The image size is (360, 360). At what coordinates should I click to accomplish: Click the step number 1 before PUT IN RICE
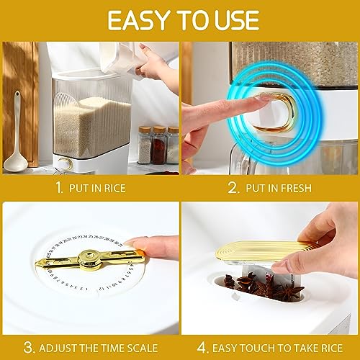pyautogui.click(x=59, y=188)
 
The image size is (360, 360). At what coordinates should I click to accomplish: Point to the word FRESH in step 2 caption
pyautogui.click(x=295, y=188)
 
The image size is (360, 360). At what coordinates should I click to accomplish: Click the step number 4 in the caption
pyautogui.click(x=202, y=348)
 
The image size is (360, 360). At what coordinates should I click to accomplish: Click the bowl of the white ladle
pyautogui.click(x=15, y=163)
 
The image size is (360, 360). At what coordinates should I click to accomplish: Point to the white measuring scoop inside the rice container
pyautogui.click(x=66, y=101)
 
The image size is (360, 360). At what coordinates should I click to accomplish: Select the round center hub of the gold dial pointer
pyautogui.click(x=90, y=258)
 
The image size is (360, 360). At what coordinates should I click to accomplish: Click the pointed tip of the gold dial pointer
pyautogui.click(x=36, y=264)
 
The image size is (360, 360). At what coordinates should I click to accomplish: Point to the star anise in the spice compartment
pyautogui.click(x=287, y=293)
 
